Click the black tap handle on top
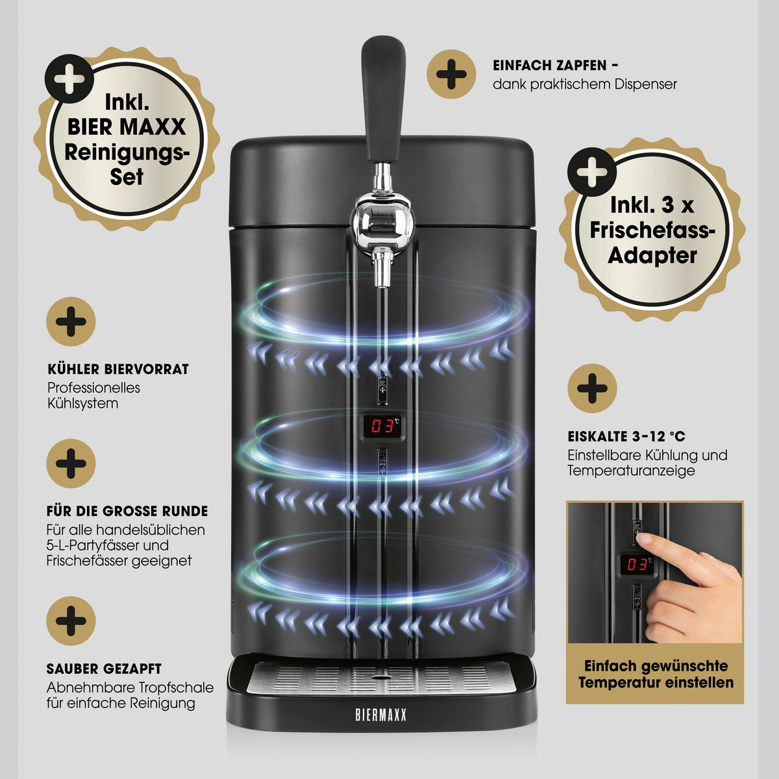382,99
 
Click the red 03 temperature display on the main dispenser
382,426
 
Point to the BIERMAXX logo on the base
381,715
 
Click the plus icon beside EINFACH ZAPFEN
451,75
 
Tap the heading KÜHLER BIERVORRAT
118,369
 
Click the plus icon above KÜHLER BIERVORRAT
71,322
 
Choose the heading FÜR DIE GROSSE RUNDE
127,511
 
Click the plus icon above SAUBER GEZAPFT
71,621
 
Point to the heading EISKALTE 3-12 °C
626,436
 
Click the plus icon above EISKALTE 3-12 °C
592,388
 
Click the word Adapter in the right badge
652,256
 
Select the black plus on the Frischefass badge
592,173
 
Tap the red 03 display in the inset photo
636,564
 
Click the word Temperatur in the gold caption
619,683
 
